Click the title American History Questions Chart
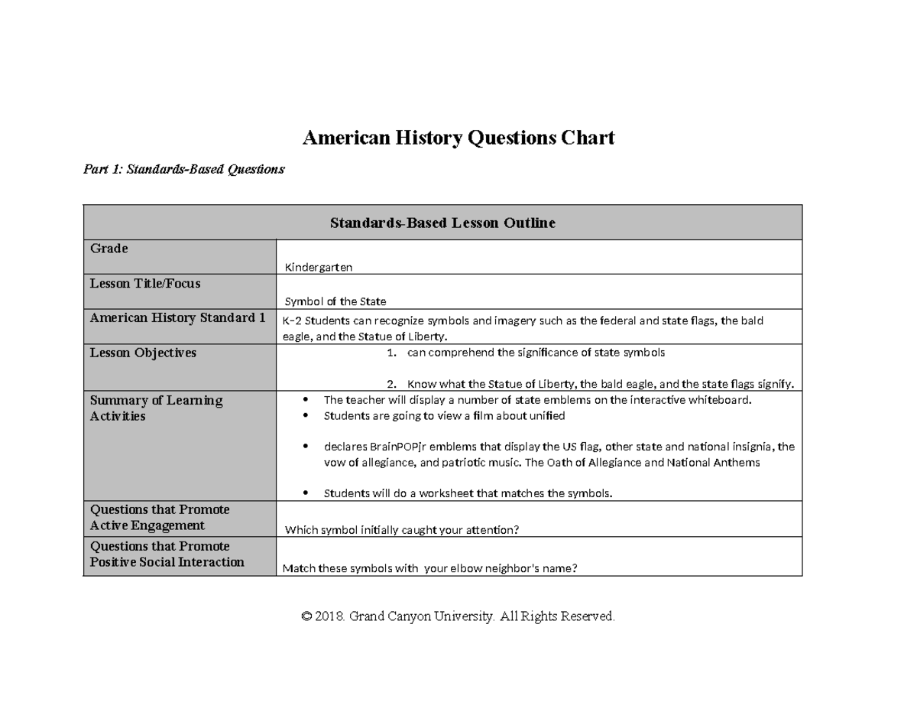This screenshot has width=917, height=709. tap(458, 138)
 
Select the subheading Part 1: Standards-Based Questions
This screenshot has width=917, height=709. tap(183, 170)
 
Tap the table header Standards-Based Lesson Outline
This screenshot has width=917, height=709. tap(442, 223)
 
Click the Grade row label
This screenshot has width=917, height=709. tap(109, 249)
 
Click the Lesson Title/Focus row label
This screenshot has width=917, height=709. tap(145, 284)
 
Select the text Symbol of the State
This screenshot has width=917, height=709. tap(335, 301)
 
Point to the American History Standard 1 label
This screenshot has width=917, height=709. tap(177, 318)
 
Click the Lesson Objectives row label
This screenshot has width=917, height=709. tap(143, 353)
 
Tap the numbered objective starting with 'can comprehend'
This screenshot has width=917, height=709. tap(535, 353)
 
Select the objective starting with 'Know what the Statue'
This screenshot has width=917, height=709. tap(600, 384)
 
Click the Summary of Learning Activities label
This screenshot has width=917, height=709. tap(156, 408)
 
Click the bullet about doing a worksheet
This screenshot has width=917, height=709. tap(468, 493)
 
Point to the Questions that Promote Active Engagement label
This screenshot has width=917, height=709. tap(160, 518)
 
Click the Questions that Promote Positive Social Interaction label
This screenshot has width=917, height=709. tap(167, 555)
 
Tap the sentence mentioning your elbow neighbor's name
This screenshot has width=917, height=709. tap(429, 568)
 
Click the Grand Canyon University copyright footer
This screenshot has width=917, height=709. tap(458, 616)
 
